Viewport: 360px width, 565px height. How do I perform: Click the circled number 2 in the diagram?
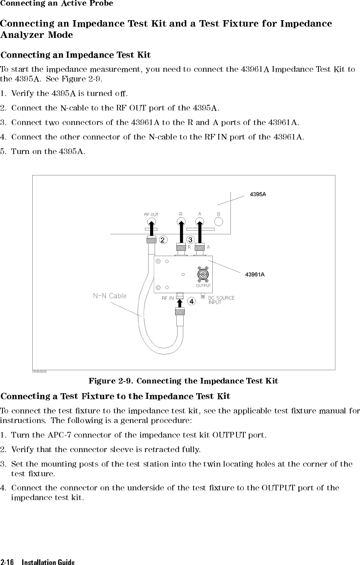163,240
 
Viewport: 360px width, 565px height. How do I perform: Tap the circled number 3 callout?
190,240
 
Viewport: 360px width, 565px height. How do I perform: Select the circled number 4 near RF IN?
191,301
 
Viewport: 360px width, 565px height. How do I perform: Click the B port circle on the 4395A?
218,221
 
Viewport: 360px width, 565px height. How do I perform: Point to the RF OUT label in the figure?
151,215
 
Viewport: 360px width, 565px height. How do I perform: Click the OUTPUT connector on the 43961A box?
203,274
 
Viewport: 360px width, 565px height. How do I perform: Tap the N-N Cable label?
110,296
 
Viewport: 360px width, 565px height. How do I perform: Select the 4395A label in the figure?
258,194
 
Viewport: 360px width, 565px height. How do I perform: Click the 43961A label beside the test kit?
255,275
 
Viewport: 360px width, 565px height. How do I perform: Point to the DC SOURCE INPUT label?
221,300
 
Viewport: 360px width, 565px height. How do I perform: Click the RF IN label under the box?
167,298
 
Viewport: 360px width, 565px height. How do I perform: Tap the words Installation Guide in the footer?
48,562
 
